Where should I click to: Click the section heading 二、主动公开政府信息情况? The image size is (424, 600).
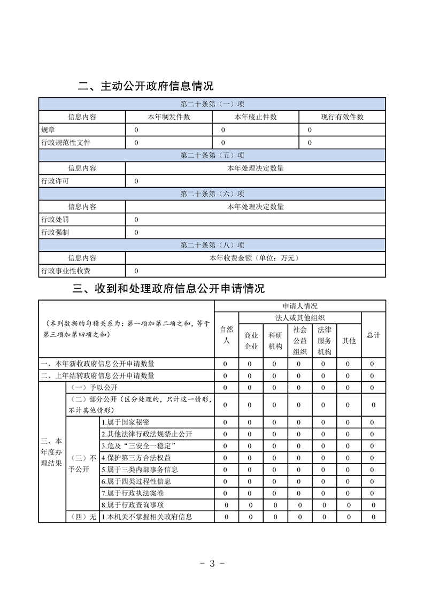(x=145, y=86)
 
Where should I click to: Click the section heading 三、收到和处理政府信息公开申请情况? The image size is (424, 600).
(x=168, y=289)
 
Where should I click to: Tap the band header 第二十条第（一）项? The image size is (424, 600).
(x=212, y=104)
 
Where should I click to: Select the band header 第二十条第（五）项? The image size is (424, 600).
(x=212, y=156)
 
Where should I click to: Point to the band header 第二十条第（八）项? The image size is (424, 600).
(x=212, y=245)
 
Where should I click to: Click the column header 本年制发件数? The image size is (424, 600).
(x=168, y=117)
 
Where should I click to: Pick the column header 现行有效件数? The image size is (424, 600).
(x=342, y=117)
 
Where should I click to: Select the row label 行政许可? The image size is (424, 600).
(x=55, y=181)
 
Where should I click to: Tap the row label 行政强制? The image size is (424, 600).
(x=55, y=233)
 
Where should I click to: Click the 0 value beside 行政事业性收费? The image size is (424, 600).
(x=136, y=271)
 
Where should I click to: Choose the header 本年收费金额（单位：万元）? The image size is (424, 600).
(x=255, y=258)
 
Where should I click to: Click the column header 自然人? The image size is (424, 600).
(x=227, y=335)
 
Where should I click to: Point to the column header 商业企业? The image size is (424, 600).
(x=251, y=341)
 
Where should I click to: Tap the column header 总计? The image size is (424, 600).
(x=373, y=335)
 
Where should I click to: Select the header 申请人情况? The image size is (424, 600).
(x=299, y=306)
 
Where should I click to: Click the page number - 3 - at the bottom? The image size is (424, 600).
(x=212, y=563)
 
